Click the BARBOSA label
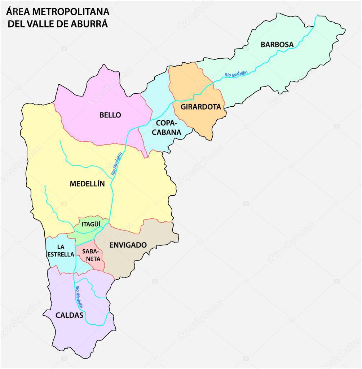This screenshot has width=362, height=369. coord(277,45)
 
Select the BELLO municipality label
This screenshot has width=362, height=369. coord(110,115)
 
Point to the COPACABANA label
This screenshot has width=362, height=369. coord(166,128)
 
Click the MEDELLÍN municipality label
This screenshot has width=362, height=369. coord(87,184)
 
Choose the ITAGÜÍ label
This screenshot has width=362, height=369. coord(90,224)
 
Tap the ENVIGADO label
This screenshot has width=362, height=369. coord(128,245)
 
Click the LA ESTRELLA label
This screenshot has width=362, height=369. coord(61,251)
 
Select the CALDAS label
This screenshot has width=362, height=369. coord(69,315)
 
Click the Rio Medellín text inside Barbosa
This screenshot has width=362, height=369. coord(236,74)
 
